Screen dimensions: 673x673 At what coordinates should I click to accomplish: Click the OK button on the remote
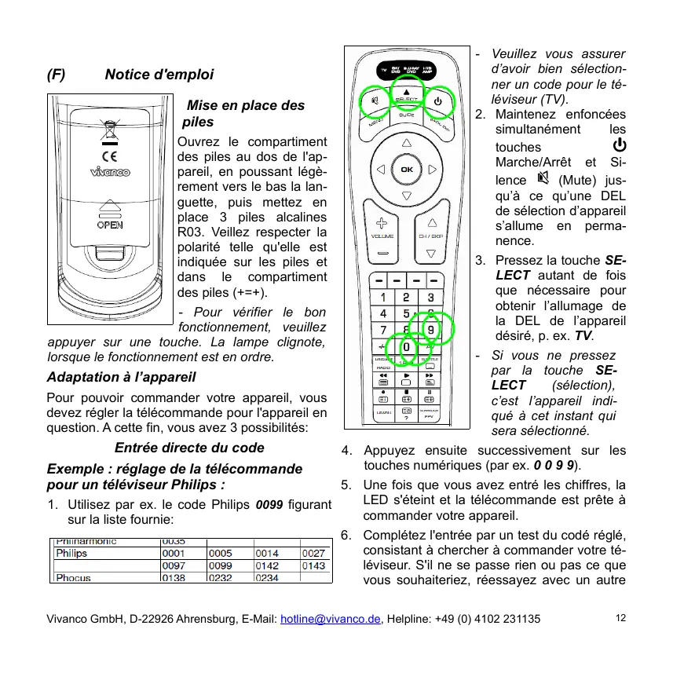(x=406, y=170)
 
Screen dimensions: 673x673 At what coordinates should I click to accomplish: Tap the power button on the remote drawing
(x=437, y=101)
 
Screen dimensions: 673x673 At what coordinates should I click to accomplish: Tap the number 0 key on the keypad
(x=407, y=346)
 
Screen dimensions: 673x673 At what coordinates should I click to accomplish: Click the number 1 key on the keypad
(x=382, y=298)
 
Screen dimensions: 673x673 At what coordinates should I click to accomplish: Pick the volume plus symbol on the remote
(x=382, y=223)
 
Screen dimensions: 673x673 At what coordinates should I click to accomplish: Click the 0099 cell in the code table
(x=221, y=565)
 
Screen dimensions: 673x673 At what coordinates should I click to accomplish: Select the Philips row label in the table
(x=71, y=553)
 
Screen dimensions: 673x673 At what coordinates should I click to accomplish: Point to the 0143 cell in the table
(x=314, y=565)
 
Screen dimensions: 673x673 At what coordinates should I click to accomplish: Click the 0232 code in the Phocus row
(x=221, y=578)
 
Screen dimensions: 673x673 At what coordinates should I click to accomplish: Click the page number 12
(x=620, y=618)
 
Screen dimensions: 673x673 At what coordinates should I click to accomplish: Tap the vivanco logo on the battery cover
(x=109, y=172)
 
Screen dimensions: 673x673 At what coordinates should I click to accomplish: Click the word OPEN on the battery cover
(x=109, y=224)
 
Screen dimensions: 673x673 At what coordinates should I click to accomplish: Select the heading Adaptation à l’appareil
(x=121, y=377)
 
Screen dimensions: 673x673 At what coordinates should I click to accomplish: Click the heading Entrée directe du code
(x=189, y=448)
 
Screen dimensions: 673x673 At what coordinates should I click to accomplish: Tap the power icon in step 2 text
(x=619, y=145)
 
